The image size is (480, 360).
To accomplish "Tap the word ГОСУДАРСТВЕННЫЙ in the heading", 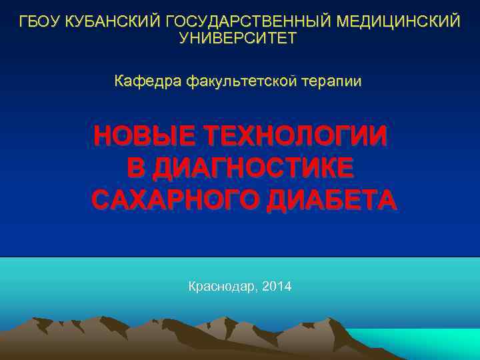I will (x=247, y=21).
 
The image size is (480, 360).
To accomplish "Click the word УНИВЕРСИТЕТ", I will (x=238, y=39).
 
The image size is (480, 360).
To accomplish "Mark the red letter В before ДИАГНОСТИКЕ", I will (x=135, y=167).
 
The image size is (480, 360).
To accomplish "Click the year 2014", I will (x=277, y=287).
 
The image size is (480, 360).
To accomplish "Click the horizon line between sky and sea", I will (x=240, y=257).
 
